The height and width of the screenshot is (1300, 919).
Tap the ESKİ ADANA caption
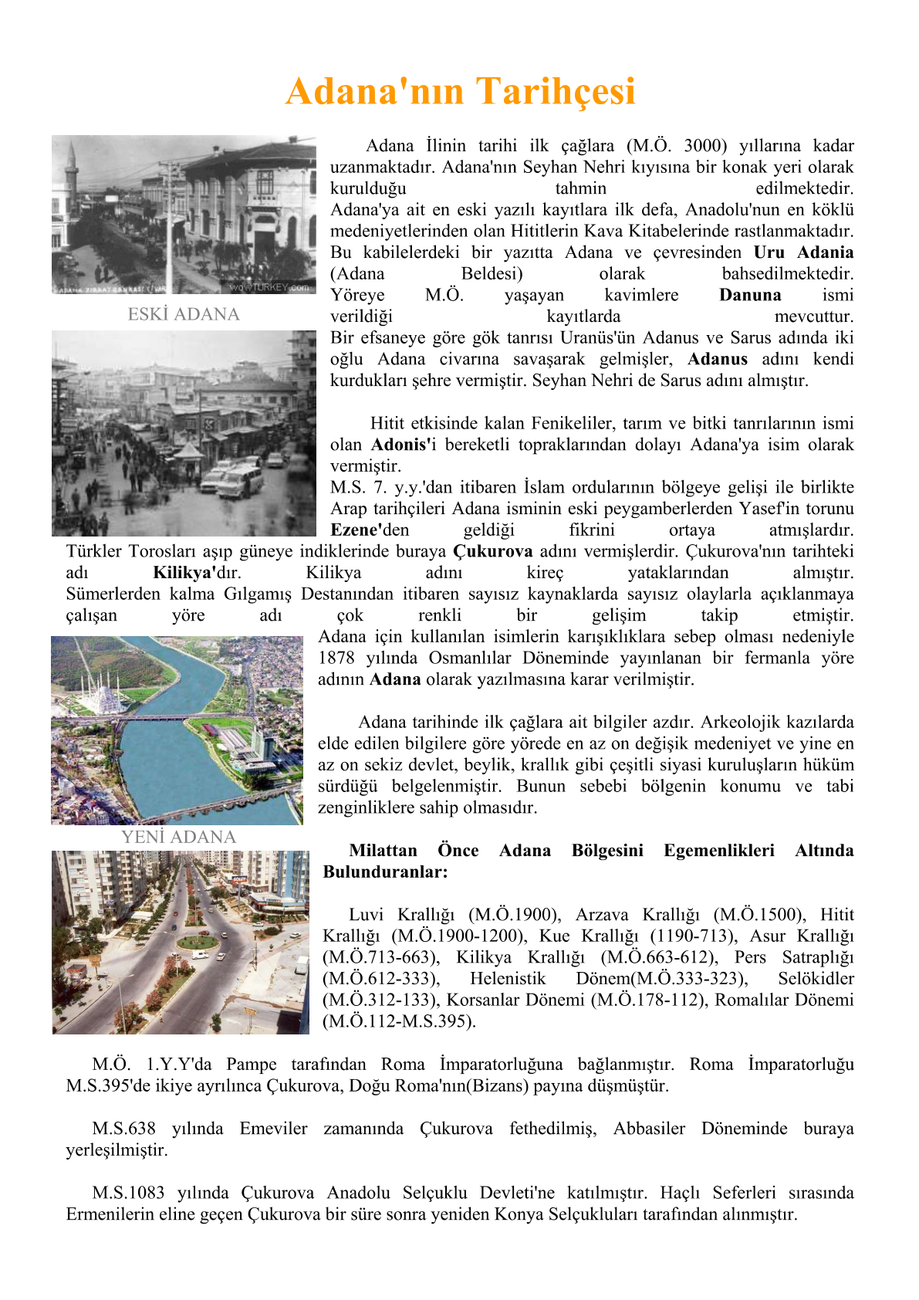click(x=184, y=314)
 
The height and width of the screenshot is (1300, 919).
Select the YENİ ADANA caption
click(x=178, y=837)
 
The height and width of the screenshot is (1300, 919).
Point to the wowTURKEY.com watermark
click(x=269, y=287)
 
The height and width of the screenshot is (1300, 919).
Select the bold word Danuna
click(x=749, y=295)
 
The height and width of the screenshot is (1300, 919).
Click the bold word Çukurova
click(x=492, y=551)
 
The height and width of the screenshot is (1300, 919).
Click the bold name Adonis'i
click(x=403, y=445)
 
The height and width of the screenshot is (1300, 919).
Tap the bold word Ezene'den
click(x=370, y=530)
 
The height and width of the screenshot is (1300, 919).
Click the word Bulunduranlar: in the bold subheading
click(x=385, y=872)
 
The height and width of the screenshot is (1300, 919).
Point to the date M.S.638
click(x=123, y=1129)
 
